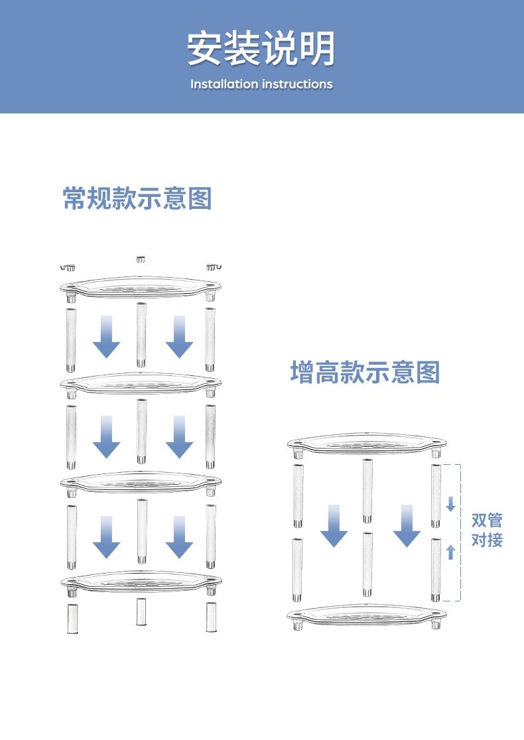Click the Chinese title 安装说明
[x=261, y=50]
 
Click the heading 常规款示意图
[x=137, y=198]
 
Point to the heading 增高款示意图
[x=365, y=373]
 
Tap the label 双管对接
[x=487, y=530]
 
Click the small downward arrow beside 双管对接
[x=451, y=505]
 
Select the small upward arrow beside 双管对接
[x=451, y=551]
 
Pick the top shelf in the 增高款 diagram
[x=366, y=443]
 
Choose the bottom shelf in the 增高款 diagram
[x=366, y=615]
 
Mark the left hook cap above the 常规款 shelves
[x=68, y=267]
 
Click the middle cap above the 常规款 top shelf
[x=141, y=258]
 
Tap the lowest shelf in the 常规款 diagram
[x=140, y=582]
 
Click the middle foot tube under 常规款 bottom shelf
[x=141, y=611]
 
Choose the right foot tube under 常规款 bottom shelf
[x=211, y=617]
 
